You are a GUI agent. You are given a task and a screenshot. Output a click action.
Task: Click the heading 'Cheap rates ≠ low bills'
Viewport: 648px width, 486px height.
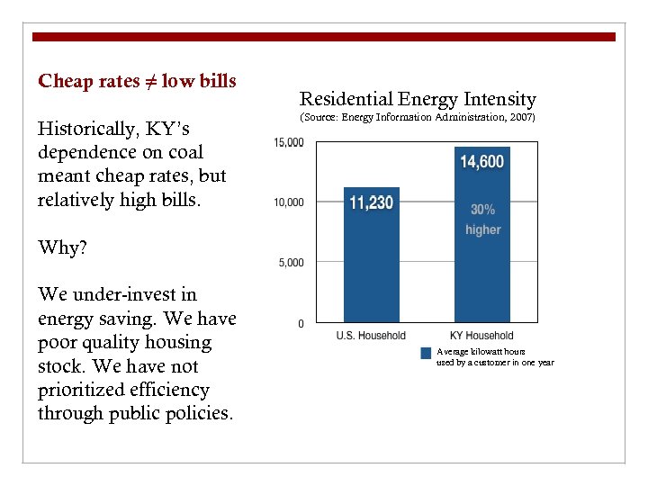coord(137,81)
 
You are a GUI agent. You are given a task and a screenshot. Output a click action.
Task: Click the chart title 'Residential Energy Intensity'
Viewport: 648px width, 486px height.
coord(418,99)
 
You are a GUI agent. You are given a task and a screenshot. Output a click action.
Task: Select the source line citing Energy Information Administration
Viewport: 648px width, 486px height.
coord(418,118)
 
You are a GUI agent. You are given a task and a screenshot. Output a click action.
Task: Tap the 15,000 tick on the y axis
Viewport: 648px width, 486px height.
coord(289,142)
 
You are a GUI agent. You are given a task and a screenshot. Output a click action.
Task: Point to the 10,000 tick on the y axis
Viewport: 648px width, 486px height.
coord(289,202)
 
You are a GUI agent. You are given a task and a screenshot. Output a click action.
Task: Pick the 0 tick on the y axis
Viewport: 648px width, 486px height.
coord(301,323)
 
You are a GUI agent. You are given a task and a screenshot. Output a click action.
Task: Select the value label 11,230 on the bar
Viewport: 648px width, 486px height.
coord(371,202)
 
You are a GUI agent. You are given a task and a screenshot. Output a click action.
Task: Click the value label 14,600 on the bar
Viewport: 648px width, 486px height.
coord(481,162)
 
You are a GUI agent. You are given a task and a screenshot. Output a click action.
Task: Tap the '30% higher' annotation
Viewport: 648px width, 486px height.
coord(482,220)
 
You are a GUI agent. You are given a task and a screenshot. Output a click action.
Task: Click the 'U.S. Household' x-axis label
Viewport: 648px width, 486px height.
coord(371,336)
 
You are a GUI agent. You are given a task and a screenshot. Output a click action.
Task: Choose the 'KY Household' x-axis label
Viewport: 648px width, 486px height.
coord(481,336)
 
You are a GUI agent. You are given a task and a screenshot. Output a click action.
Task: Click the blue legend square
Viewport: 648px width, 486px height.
coord(426,354)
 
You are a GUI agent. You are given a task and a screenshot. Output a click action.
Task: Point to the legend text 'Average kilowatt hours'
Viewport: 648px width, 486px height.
coord(481,352)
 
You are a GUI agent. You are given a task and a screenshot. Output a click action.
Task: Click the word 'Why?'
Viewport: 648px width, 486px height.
coord(62,247)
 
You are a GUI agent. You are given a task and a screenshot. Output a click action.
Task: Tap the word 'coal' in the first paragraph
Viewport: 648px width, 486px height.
coord(184,152)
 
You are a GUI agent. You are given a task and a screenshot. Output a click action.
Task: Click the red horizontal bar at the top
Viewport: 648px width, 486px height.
coord(323,37)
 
